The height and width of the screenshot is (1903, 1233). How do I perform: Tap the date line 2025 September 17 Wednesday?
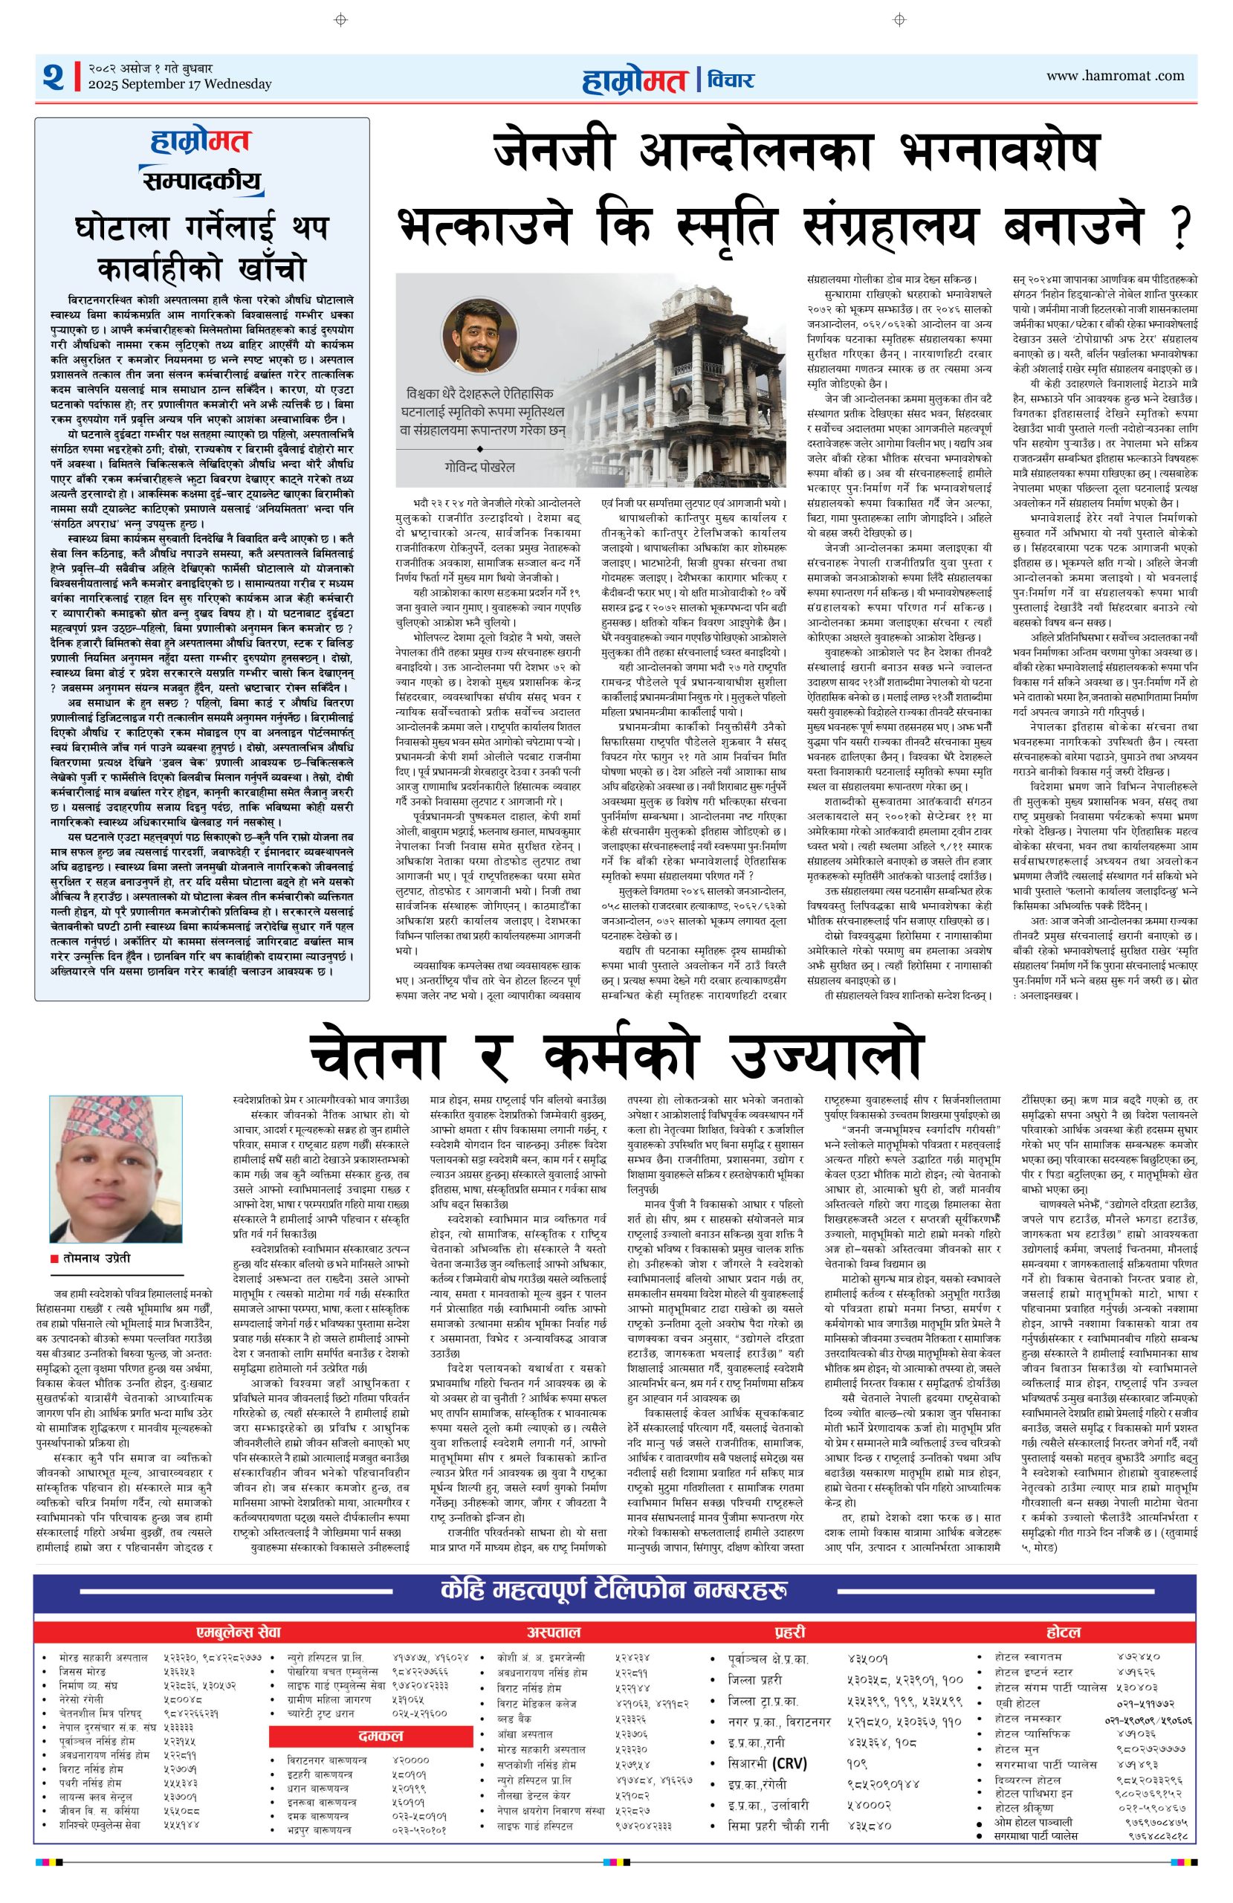(180, 84)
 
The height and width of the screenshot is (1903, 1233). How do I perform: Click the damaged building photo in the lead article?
(687, 384)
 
